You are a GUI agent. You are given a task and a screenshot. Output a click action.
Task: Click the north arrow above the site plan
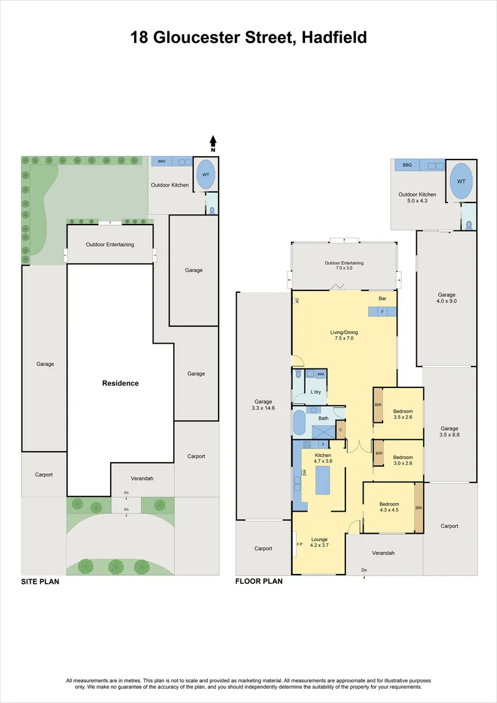(213, 141)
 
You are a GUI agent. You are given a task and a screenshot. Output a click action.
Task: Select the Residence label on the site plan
(120, 383)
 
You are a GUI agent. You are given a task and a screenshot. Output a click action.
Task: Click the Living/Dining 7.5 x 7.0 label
(344, 335)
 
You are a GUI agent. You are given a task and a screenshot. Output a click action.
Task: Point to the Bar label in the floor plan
(383, 299)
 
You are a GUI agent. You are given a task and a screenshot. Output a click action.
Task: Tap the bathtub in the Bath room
(299, 423)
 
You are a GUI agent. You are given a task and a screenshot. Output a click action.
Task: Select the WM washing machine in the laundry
(320, 374)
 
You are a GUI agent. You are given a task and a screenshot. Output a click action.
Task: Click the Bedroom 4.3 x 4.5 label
(390, 508)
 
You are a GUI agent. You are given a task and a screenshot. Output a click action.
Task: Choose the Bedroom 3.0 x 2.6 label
(403, 460)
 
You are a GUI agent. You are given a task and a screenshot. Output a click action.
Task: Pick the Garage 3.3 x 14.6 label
(263, 405)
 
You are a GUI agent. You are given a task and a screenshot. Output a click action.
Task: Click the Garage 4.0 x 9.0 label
(446, 298)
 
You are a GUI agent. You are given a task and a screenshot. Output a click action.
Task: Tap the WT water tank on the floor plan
(461, 182)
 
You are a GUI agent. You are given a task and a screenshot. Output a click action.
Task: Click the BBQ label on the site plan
(161, 161)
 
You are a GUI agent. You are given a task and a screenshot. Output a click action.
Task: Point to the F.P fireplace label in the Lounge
(299, 544)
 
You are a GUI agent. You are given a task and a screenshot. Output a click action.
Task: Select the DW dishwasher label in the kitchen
(304, 473)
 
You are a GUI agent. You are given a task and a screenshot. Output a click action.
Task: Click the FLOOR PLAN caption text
(259, 581)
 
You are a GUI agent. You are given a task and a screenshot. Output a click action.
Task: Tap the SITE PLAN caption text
(40, 582)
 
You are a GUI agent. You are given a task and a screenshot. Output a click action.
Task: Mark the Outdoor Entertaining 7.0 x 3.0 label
(344, 266)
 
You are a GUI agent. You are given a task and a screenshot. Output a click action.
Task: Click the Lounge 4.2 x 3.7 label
(319, 542)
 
